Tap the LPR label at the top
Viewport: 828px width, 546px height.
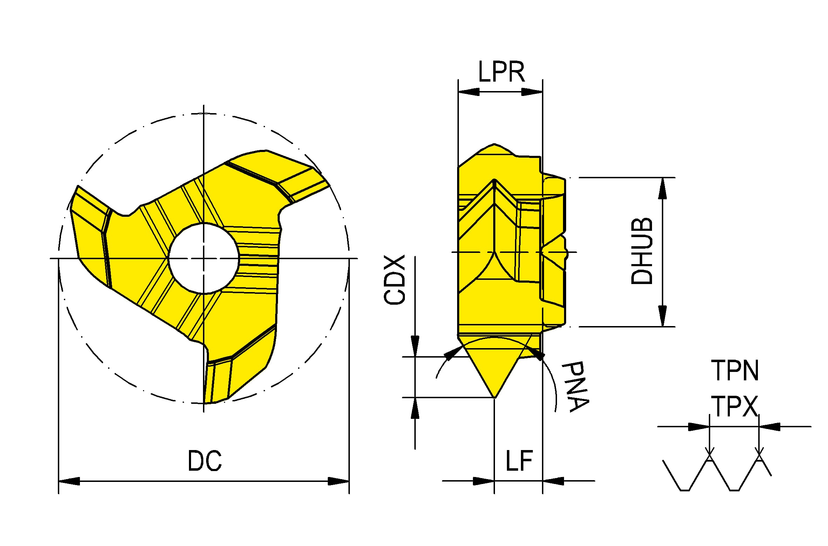[x=501, y=72]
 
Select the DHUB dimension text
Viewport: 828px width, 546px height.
[x=642, y=251]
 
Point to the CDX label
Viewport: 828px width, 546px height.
[x=394, y=279]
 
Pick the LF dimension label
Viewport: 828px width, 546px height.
[x=519, y=461]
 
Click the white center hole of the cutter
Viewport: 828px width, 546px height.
[x=204, y=258]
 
